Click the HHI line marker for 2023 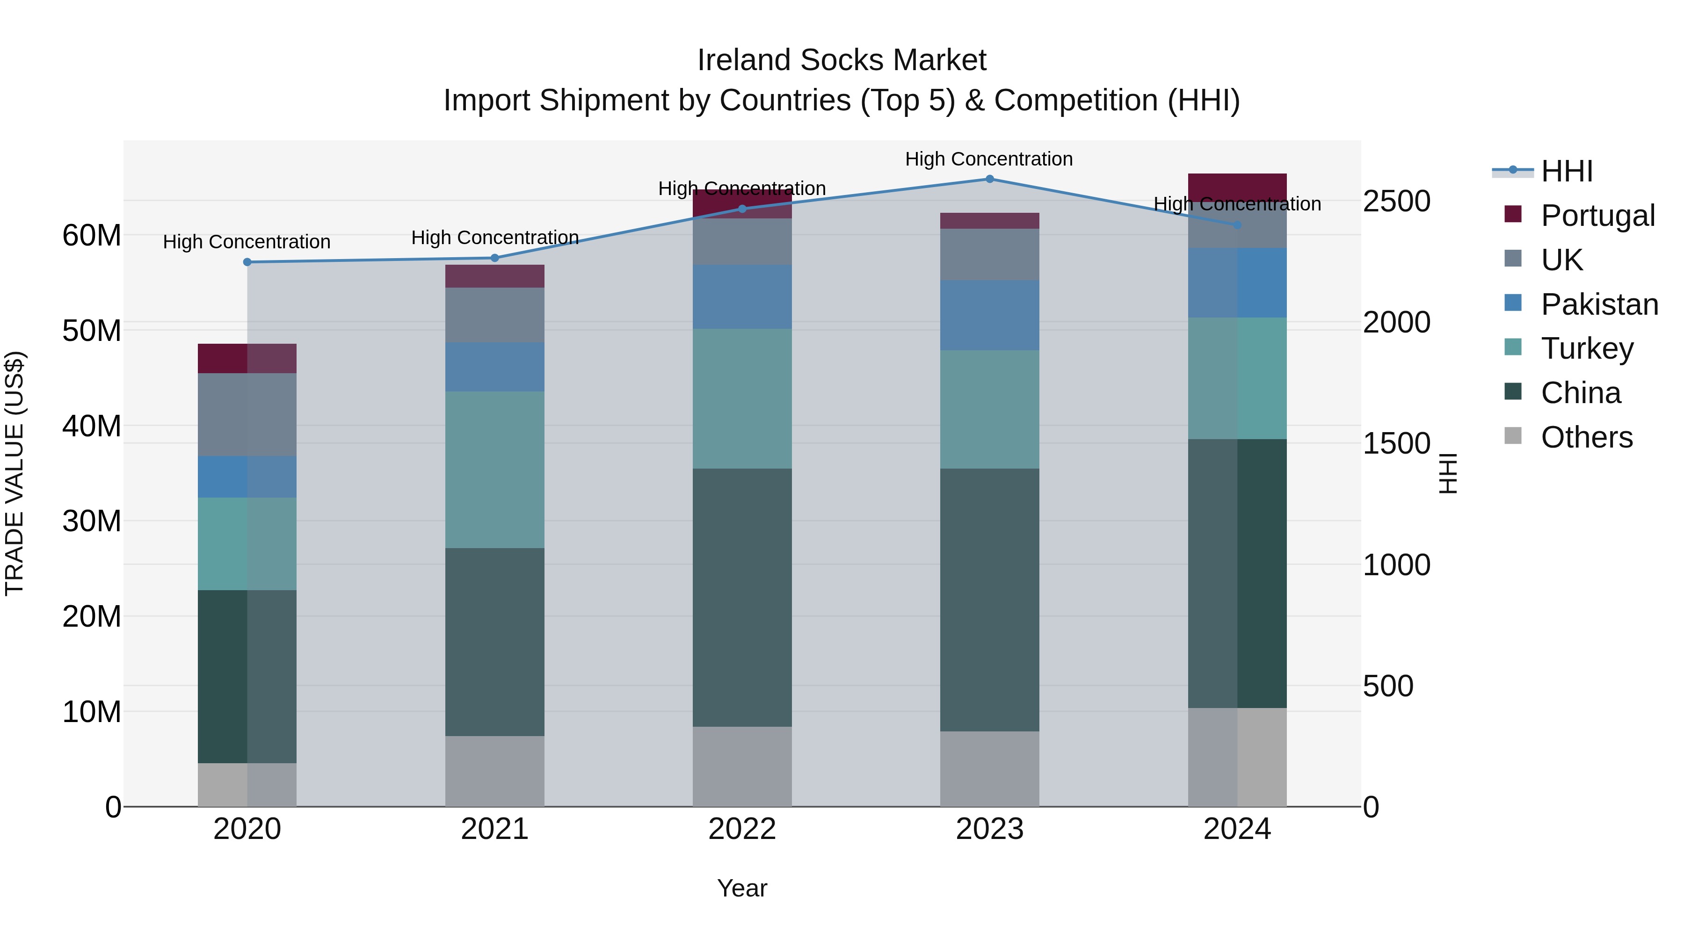(989, 179)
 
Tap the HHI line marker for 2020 (247, 262)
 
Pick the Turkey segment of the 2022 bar (742, 398)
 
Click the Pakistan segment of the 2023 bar (989, 315)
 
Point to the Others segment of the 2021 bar (494, 771)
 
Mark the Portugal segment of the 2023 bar (989, 221)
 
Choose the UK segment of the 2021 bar (494, 315)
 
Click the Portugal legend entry (1597, 216)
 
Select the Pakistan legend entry (1599, 304)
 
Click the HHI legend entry (1566, 171)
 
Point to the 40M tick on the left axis (92, 426)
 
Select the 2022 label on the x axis (742, 829)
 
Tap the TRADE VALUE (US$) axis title (15, 473)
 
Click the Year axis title (742, 888)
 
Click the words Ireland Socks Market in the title (842, 60)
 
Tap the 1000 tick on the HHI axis (1396, 564)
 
